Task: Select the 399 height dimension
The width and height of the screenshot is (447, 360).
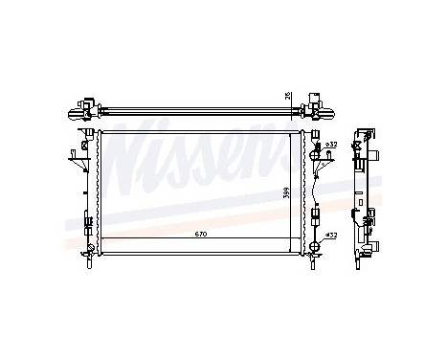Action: pos(286,192)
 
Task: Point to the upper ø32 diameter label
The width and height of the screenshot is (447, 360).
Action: pos(331,144)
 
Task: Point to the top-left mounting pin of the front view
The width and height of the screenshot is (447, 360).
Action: pos(89,124)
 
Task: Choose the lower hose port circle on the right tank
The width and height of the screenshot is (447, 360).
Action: pos(316,234)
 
